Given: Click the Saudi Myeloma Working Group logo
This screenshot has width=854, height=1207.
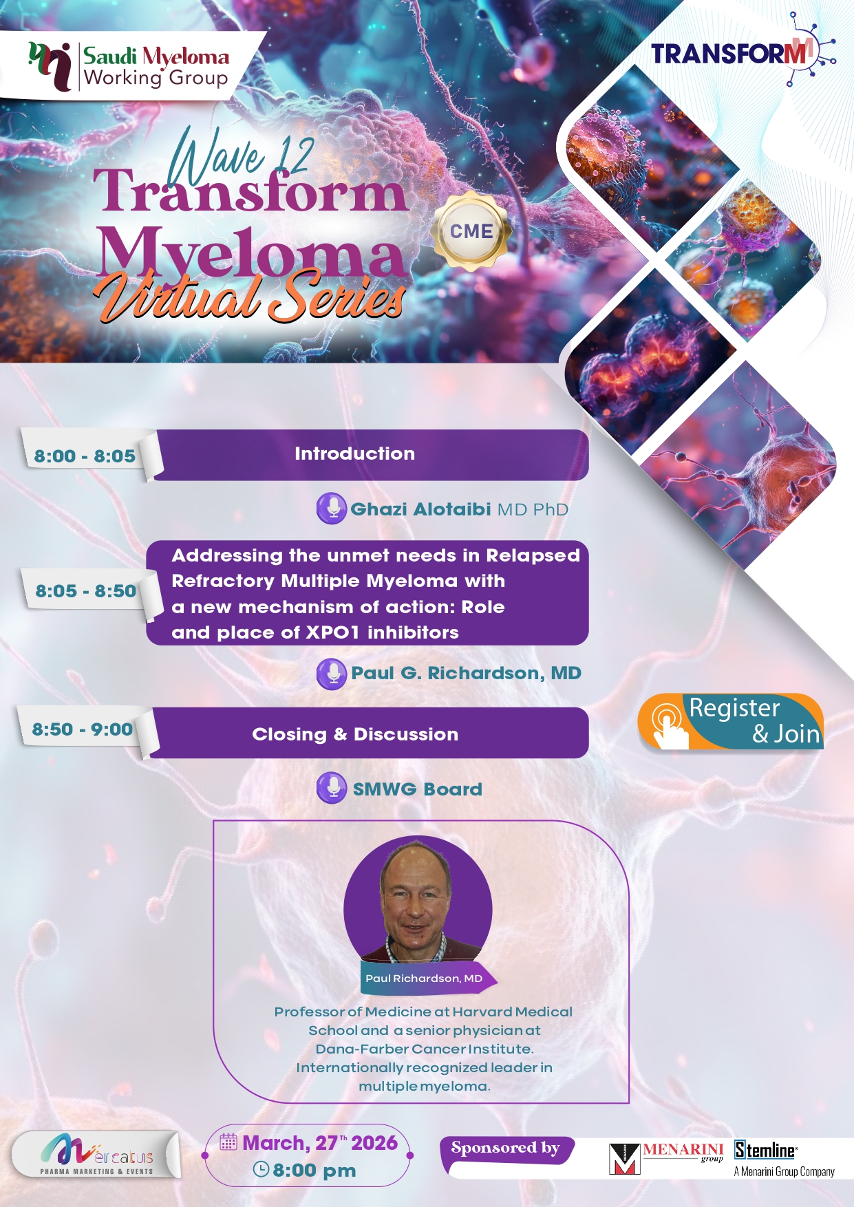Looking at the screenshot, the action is [x=129, y=66].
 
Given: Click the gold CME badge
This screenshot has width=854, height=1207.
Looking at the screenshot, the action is [x=471, y=231].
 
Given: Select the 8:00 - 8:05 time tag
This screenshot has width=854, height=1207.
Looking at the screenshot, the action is [x=85, y=456].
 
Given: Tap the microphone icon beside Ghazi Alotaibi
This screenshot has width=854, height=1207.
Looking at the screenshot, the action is [x=332, y=509].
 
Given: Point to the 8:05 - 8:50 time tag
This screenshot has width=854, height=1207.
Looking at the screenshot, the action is [x=86, y=590].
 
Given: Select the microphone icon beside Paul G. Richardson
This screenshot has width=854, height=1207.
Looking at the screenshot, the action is [x=332, y=673].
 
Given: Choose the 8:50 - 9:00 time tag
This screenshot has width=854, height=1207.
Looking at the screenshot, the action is [x=83, y=729].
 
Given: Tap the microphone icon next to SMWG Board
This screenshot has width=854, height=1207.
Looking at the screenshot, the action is [x=332, y=788].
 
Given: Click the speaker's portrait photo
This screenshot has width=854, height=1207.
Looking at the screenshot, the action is [x=418, y=901].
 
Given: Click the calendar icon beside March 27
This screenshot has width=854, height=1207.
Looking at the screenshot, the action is [x=228, y=1142].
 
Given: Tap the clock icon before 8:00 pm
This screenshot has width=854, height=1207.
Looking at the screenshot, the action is [x=261, y=1169].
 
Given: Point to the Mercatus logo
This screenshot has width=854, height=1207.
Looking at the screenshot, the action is [x=96, y=1153].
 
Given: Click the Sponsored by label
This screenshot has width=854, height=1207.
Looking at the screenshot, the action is [x=506, y=1149].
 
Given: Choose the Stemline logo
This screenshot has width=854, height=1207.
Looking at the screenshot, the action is [x=784, y=1159].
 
